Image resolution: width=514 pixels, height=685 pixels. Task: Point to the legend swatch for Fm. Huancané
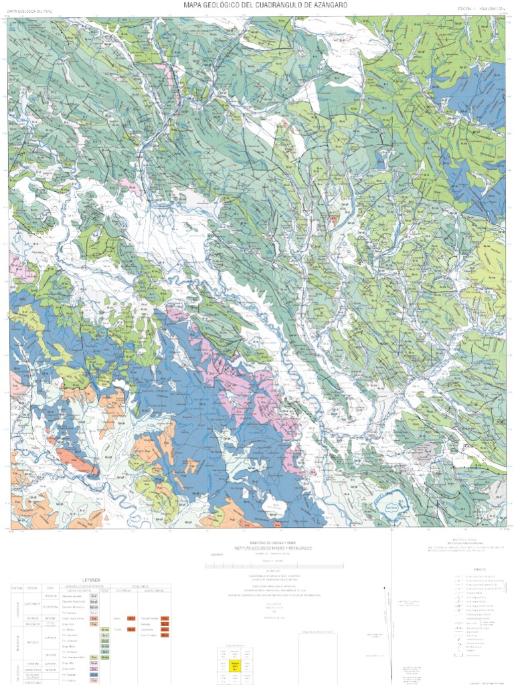click(x=105, y=652)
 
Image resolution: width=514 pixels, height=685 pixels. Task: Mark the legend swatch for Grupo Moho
click(x=105, y=646)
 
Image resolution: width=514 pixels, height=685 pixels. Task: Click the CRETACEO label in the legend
click(x=31, y=644)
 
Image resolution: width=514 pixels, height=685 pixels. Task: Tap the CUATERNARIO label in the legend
click(x=31, y=603)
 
